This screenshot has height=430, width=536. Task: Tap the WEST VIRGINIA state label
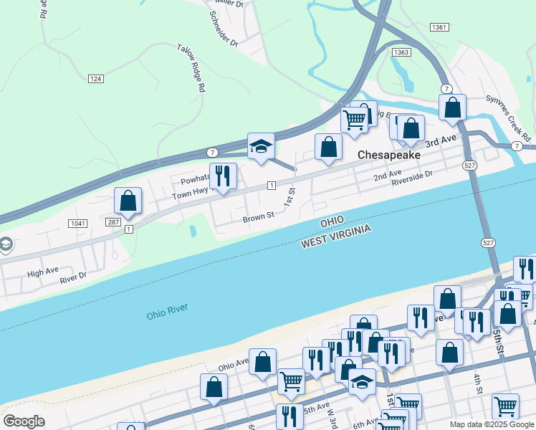tap(336, 236)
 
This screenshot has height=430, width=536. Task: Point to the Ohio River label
tap(167, 312)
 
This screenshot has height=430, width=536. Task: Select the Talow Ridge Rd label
tap(192, 69)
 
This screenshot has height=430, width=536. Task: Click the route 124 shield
tap(96, 78)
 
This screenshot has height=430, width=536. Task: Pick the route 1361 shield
tap(440, 27)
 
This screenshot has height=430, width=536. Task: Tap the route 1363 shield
tap(401, 52)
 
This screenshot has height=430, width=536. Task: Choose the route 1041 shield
tap(78, 224)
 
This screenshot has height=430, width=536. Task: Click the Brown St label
tap(259, 216)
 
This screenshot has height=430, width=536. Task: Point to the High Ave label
tap(42, 272)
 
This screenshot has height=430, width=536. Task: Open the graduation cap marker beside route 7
tap(261, 146)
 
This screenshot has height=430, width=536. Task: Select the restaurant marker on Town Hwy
tap(223, 176)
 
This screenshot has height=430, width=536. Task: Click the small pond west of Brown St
tap(193, 231)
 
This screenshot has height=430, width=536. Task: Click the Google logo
tap(24, 421)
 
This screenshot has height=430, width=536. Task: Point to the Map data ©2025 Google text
tap(492, 424)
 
